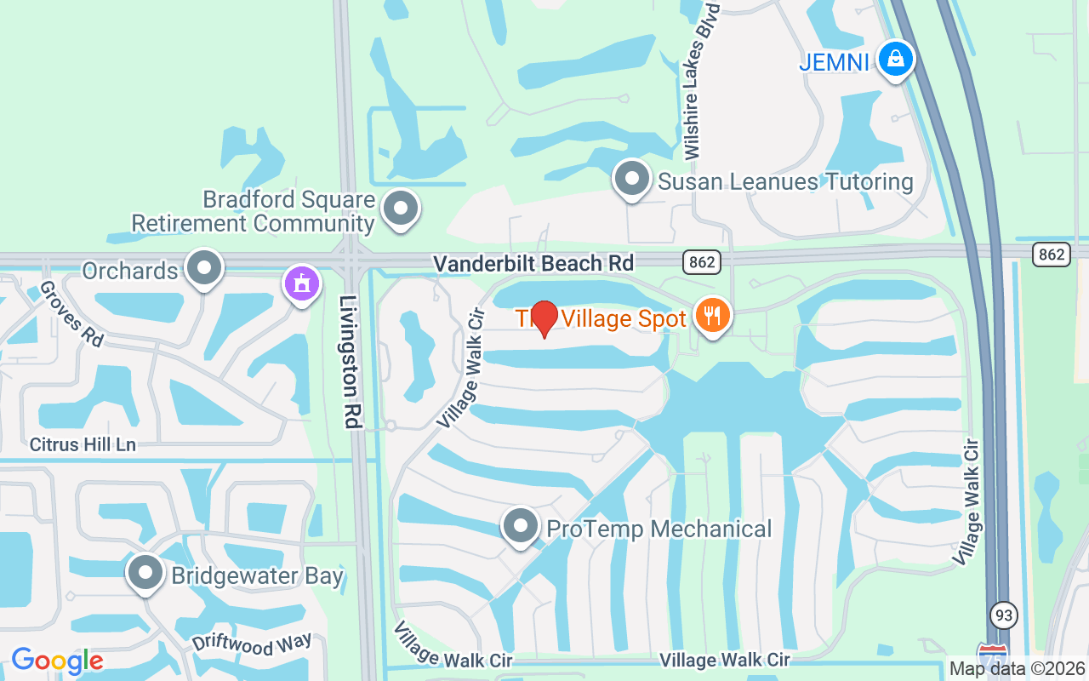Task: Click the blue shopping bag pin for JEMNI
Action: pyautogui.click(x=895, y=60)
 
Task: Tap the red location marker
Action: pyautogui.click(x=544, y=318)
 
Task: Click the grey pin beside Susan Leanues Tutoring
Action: pyautogui.click(x=631, y=180)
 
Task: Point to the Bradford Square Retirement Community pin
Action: pyautogui.click(x=401, y=208)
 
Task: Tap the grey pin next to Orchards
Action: pyautogui.click(x=203, y=268)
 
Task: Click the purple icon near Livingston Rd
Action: pyautogui.click(x=301, y=284)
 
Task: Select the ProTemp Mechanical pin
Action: pyautogui.click(x=521, y=527)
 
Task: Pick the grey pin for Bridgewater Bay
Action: pyautogui.click(x=145, y=573)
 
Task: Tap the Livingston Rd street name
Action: pyautogui.click(x=350, y=361)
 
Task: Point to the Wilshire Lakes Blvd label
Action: pyautogui.click(x=700, y=81)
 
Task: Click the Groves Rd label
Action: pyautogui.click(x=71, y=314)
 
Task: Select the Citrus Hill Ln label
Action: pyautogui.click(x=83, y=444)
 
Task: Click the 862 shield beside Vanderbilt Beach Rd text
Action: pyautogui.click(x=702, y=262)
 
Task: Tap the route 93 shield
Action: pyautogui.click(x=1004, y=615)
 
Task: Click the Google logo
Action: pyautogui.click(x=57, y=661)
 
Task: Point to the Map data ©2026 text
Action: pyautogui.click(x=1018, y=669)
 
